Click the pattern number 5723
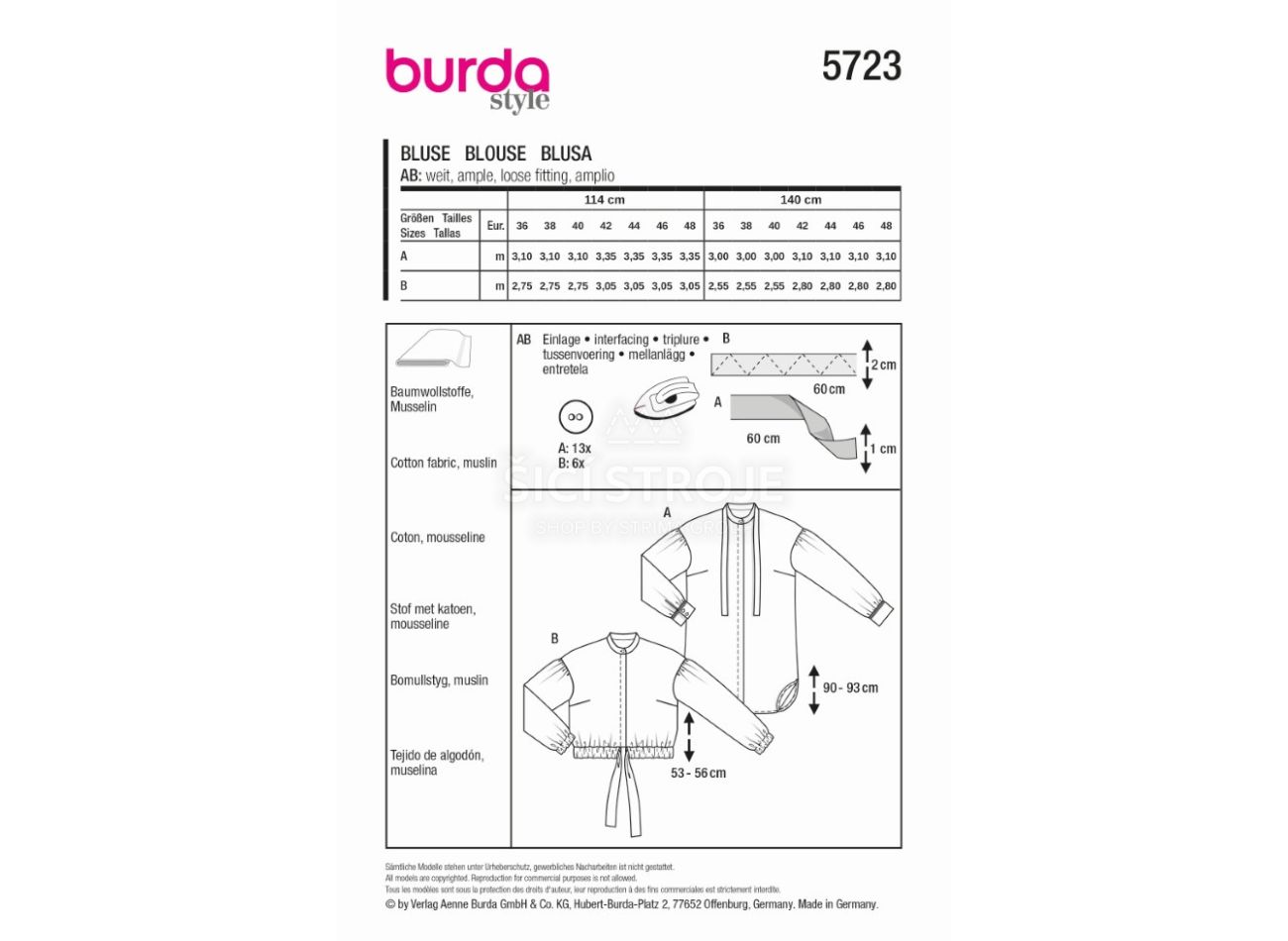coord(861,66)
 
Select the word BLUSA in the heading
coord(566,154)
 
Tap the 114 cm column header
coord(603,200)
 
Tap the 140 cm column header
coord(801,200)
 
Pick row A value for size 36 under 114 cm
coord(521,257)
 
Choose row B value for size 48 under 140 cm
coord(886,285)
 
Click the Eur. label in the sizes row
coord(495,226)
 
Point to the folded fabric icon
coord(434,349)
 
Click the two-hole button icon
coord(576,417)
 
